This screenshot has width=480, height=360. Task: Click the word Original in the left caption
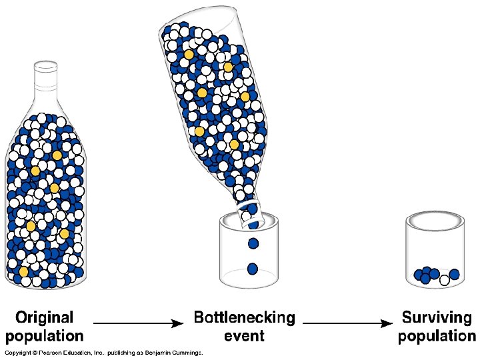point(44,317)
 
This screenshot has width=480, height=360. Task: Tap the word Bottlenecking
point(244,317)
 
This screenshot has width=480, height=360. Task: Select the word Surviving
point(437,317)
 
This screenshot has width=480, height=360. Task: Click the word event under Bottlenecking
point(244,335)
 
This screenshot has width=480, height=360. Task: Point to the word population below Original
point(44,335)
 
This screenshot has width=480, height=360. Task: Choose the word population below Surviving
point(437,335)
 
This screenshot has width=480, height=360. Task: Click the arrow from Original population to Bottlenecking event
point(137,324)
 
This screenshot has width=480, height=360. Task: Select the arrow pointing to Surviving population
point(347,324)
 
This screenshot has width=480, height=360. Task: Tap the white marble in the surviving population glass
point(444,281)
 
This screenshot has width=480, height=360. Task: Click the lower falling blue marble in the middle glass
point(253,269)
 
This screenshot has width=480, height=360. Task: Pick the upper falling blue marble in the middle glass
point(253,243)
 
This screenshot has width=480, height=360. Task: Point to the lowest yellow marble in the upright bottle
point(23,272)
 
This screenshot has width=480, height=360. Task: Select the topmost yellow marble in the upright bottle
point(57,155)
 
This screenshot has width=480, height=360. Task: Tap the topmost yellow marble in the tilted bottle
point(189,54)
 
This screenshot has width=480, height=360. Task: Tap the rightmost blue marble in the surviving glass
point(455,274)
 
